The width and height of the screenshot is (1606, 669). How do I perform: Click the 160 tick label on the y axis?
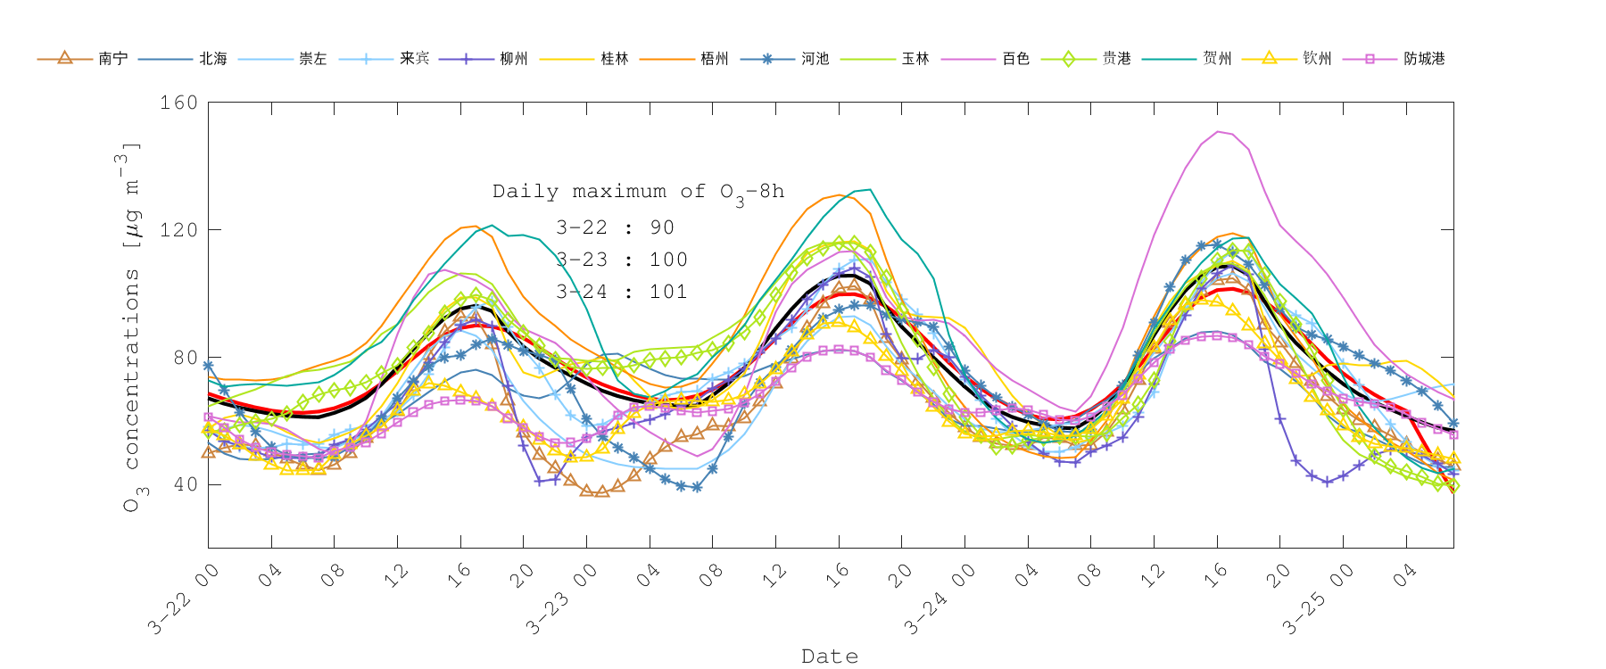click(x=178, y=103)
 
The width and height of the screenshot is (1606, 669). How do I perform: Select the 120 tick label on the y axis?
click(x=178, y=230)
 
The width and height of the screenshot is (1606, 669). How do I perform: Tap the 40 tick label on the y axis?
click(x=185, y=484)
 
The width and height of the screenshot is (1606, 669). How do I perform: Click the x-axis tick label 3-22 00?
click(x=184, y=599)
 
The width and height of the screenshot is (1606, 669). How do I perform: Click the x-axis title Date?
click(x=830, y=657)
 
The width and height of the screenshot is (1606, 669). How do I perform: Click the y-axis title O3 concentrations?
click(x=131, y=326)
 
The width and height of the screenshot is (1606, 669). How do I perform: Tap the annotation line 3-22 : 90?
click(x=615, y=227)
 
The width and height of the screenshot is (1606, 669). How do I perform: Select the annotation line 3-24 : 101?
click(x=621, y=292)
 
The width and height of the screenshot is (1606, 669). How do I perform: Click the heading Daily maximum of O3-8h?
click(x=638, y=192)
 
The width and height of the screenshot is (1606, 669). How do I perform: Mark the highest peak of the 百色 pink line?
click(x=1218, y=131)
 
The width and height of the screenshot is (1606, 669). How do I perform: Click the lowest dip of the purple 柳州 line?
click(x=1328, y=482)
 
